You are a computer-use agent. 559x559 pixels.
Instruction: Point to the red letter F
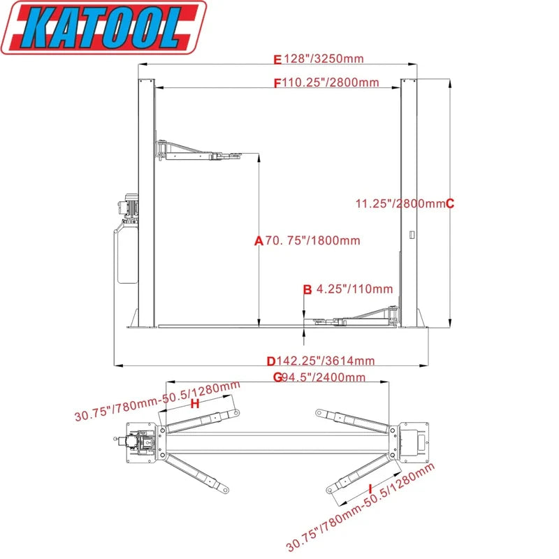(x=277, y=82)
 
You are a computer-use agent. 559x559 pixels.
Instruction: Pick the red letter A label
(x=258, y=240)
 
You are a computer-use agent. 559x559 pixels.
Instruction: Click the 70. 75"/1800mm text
(x=312, y=240)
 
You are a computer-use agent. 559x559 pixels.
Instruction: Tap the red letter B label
(x=307, y=289)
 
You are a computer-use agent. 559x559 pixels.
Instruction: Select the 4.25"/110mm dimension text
(x=354, y=289)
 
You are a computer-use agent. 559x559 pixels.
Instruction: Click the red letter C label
(x=450, y=203)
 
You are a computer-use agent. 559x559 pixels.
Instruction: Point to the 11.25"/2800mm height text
(x=400, y=203)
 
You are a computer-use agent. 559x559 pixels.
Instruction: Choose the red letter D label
(x=271, y=361)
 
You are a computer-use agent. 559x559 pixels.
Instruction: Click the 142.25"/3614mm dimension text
(x=325, y=361)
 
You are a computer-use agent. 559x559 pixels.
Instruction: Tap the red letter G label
(x=277, y=378)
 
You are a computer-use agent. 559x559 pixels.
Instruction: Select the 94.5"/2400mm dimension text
(x=323, y=378)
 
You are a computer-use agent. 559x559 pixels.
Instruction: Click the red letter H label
(x=195, y=404)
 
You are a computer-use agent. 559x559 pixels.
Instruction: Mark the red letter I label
(x=369, y=488)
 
